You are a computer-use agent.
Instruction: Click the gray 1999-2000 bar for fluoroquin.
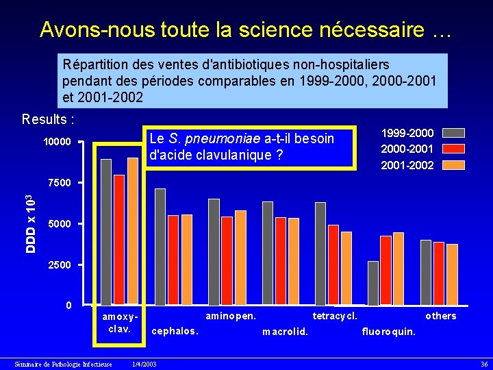[373, 283]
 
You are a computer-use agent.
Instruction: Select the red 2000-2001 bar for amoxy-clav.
[119, 239]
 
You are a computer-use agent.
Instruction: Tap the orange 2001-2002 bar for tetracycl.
[346, 269]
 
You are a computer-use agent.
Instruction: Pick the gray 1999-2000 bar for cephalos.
[160, 247]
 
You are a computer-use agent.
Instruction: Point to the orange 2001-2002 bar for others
[452, 274]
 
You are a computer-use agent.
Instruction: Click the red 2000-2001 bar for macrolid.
[281, 261]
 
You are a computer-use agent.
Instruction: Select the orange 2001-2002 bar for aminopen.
[240, 258]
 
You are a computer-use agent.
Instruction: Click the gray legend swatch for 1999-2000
[453, 133]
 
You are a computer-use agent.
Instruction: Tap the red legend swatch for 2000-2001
[453, 149]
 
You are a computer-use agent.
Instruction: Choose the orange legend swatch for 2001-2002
[453, 165]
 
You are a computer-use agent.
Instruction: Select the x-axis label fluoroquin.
[389, 332]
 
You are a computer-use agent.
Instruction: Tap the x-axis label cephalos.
[175, 332]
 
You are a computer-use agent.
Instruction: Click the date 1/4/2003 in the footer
[144, 365]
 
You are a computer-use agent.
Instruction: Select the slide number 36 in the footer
[484, 365]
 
